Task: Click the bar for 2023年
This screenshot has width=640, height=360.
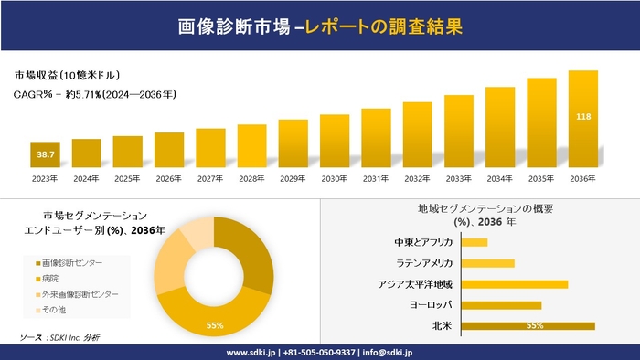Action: (45, 155)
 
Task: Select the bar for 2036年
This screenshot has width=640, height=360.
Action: (582, 120)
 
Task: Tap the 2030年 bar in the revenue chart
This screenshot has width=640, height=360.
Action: (335, 142)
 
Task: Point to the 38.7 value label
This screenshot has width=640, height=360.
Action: (45, 156)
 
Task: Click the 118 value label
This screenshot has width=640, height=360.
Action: (582, 117)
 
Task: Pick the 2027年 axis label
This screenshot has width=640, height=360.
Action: (210, 178)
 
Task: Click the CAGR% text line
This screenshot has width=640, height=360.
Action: (95, 94)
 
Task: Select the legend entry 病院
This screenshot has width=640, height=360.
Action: (53, 278)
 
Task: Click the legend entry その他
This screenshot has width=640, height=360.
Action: (58, 310)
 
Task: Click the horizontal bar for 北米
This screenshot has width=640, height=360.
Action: (528, 325)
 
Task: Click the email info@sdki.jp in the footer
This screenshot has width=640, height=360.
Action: (388, 352)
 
